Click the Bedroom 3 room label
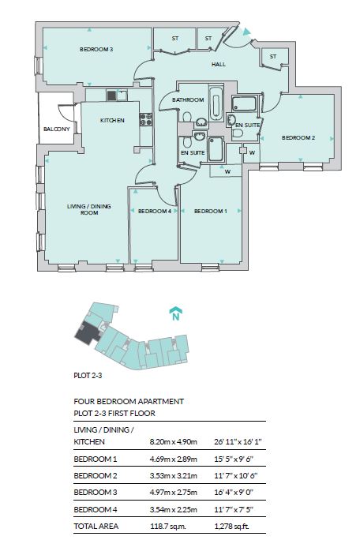coord(96,49)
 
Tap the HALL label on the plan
coord(219,64)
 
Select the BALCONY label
coord(57,129)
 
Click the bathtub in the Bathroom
coord(216,103)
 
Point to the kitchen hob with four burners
coord(146,119)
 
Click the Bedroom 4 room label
coord(155,211)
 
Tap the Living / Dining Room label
coord(89,209)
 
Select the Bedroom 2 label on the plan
coord(298,137)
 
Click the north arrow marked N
coord(176,313)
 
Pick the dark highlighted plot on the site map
coord(88,332)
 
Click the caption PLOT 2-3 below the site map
coord(88,375)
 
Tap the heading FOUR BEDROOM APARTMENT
coord(129,402)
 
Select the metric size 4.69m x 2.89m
coord(174,459)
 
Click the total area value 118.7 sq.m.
coord(168,527)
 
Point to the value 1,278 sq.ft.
coord(231,527)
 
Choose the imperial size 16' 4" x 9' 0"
coord(234,493)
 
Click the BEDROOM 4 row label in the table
coord(96,509)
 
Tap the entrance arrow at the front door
coord(246,32)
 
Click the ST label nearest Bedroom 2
coord(273,57)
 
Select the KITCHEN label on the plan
coord(112,121)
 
